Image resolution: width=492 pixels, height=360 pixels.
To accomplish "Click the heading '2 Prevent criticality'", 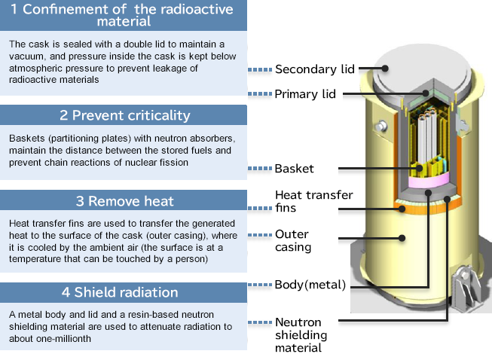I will point(124,115).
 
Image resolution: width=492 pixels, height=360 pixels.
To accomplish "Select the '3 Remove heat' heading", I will point(124,201).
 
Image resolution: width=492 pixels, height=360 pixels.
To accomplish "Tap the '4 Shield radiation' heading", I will point(124,292).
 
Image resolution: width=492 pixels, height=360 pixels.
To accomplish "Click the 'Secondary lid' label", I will point(314,69).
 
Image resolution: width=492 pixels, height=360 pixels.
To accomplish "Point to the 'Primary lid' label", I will point(305,94).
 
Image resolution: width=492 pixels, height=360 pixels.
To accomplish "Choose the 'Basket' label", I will point(295,169).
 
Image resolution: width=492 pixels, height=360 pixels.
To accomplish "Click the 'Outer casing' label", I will point(292,240).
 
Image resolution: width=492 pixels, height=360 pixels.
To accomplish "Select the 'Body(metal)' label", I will point(310,285).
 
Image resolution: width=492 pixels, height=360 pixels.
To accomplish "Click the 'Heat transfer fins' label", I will point(313,201).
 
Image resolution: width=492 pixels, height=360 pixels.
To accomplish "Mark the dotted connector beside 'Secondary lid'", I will point(259,69).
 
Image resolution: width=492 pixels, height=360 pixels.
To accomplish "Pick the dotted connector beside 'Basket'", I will point(259,169).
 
